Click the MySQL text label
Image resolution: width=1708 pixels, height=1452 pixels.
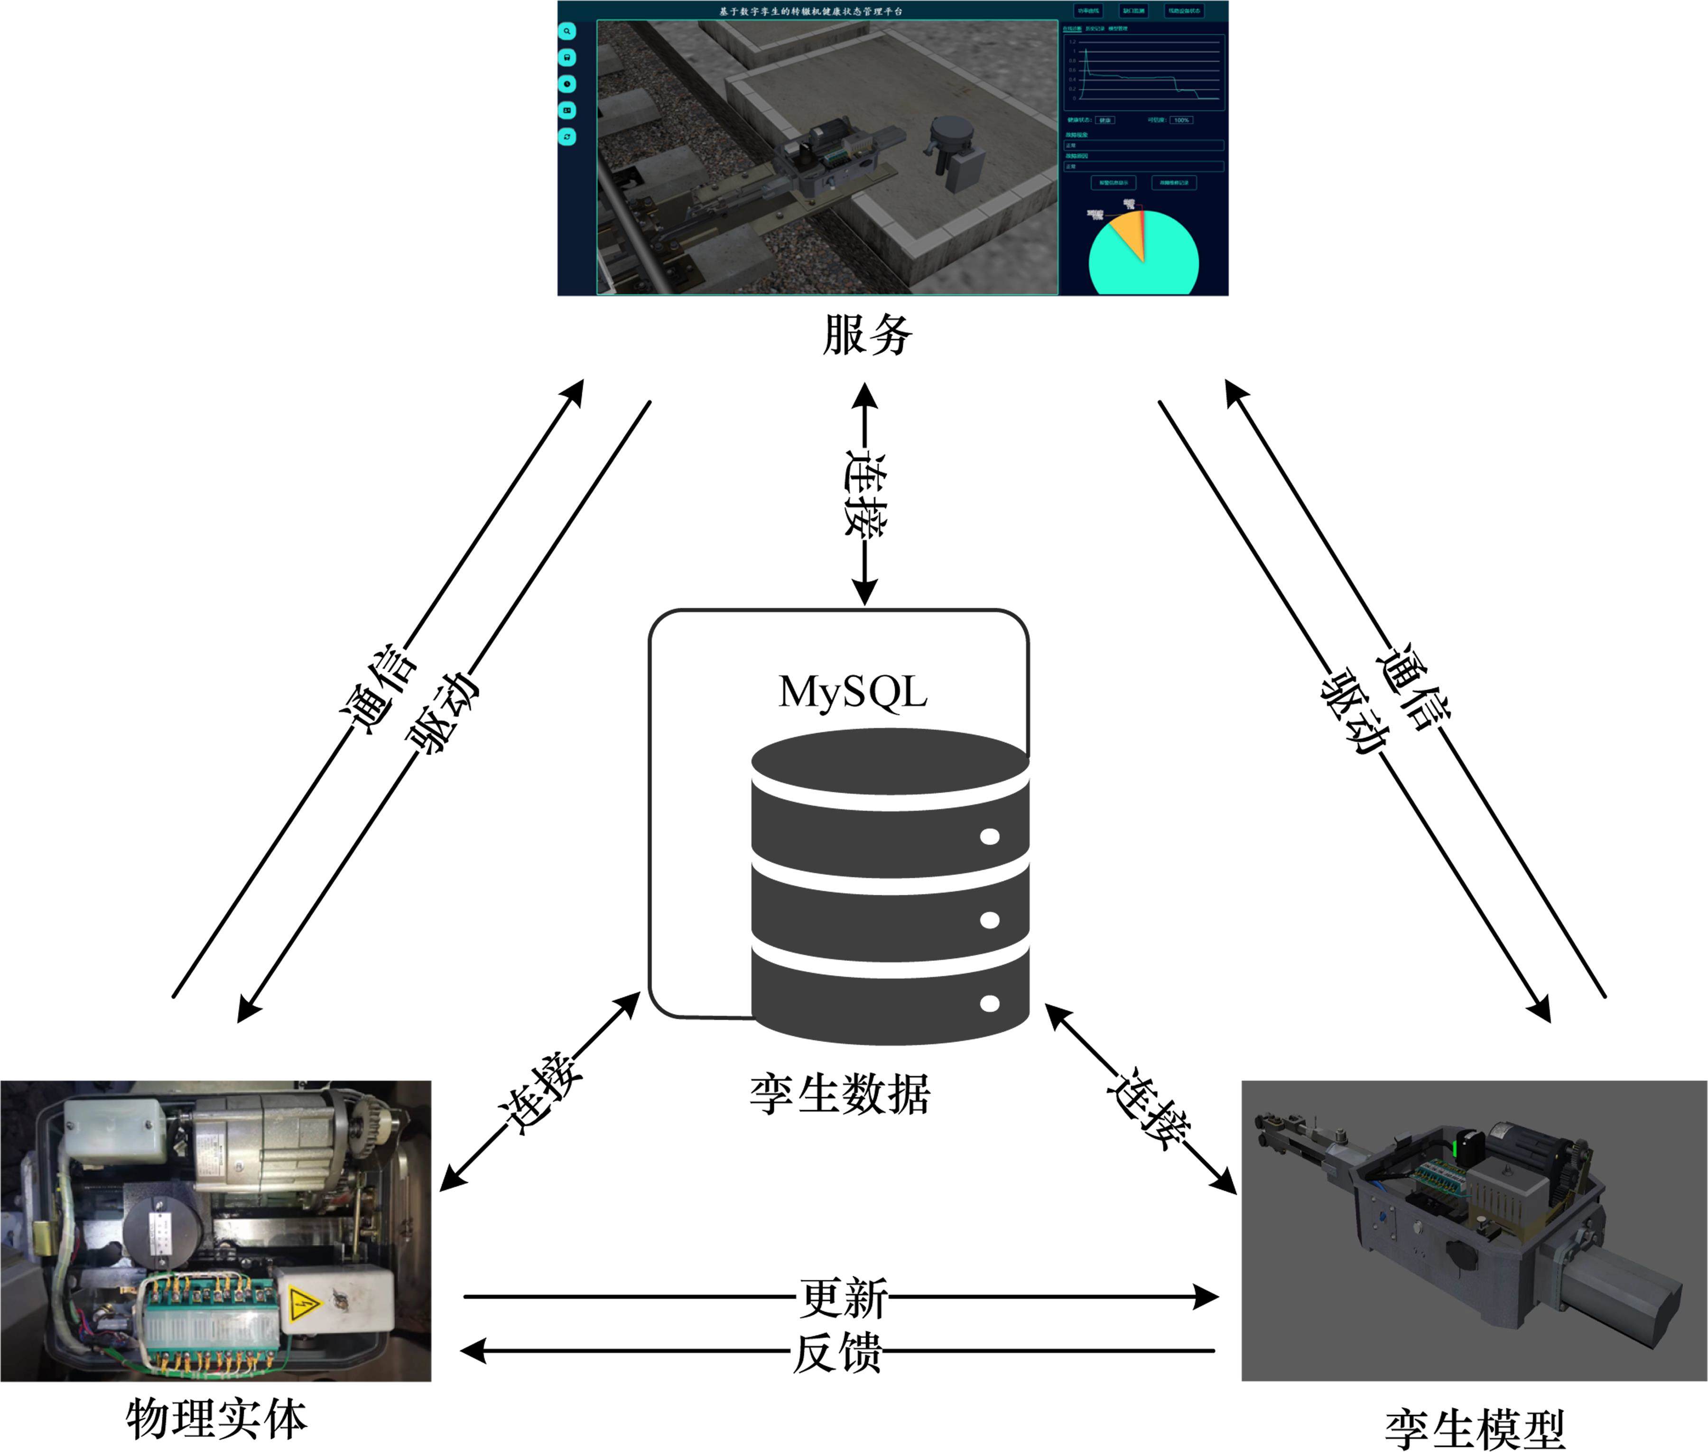point(853,691)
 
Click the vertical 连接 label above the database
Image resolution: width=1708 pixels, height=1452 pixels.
point(865,494)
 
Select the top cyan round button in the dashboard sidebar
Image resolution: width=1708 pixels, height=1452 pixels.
point(567,31)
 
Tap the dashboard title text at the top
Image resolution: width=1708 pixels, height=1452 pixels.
point(811,11)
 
